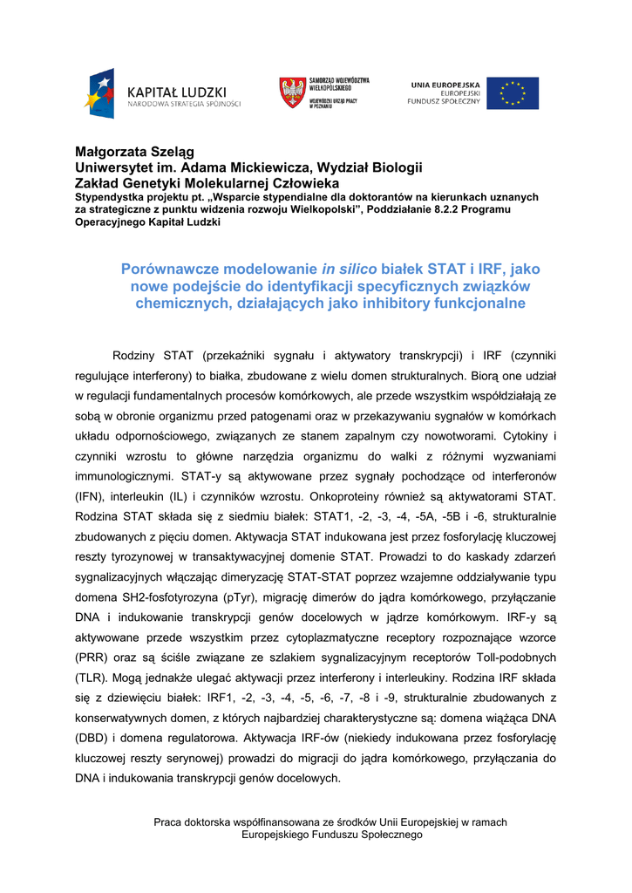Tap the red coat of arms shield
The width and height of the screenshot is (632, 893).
291,92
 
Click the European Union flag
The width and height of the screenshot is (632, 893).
513,93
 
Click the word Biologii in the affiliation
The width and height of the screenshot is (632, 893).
398,167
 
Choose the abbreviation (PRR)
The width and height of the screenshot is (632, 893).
92,658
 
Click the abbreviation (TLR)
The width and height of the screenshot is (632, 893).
92,678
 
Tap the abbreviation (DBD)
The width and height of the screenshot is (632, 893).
92,738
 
